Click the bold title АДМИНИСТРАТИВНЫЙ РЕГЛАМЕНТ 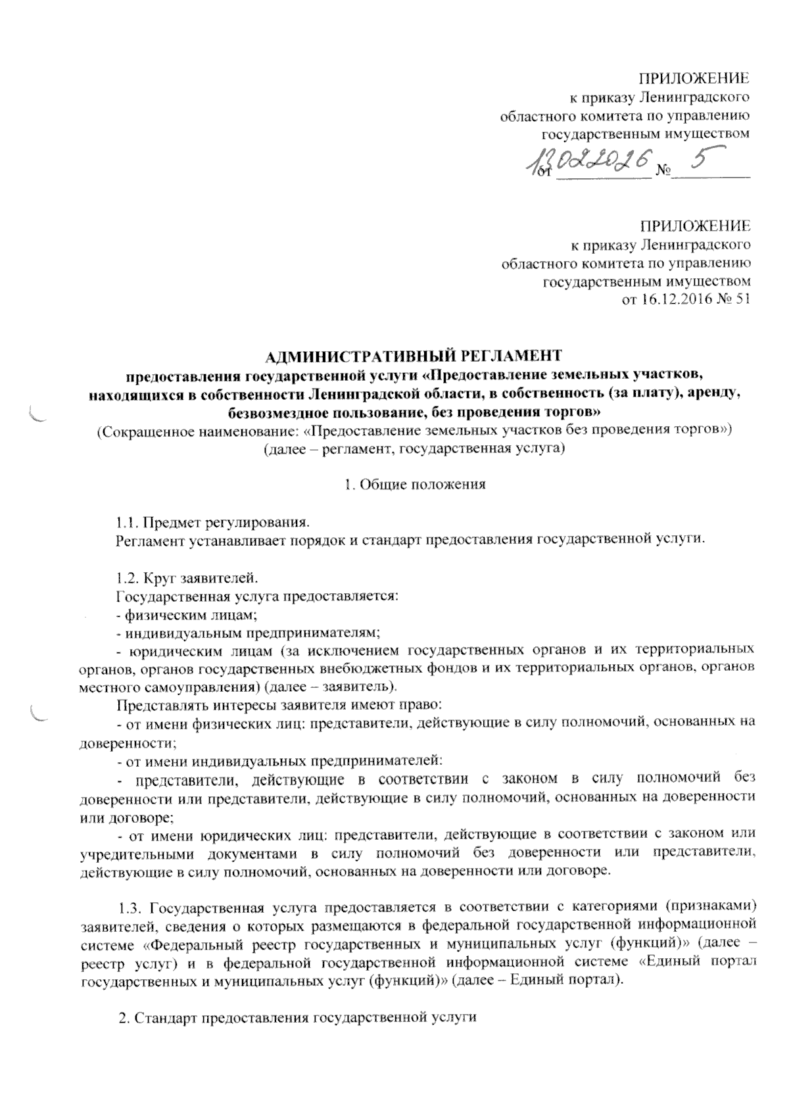pos(414,356)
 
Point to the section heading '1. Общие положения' pos(415,485)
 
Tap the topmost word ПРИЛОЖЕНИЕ pos(696,79)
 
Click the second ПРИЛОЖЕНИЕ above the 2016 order pos(696,227)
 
